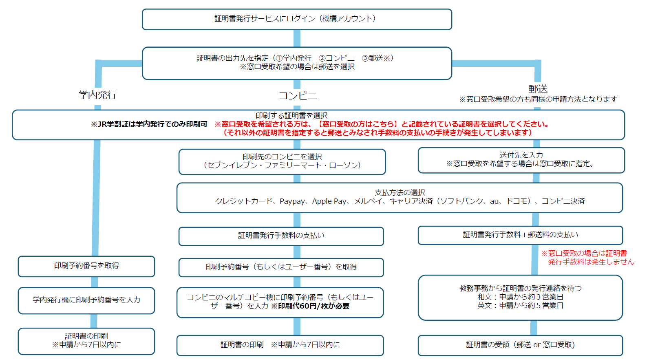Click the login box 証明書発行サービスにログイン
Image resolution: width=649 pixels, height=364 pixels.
(296, 19)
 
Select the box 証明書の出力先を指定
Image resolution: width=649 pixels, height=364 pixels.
(296, 63)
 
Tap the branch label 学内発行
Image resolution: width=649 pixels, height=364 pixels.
(97, 95)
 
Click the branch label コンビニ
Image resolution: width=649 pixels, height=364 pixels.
(297, 96)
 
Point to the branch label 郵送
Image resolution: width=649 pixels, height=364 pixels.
(538, 89)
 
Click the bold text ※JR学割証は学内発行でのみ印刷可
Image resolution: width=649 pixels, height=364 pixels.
(149, 124)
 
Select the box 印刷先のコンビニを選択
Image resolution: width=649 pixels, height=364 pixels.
(282, 161)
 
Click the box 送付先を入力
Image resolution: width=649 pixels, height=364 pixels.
(521, 160)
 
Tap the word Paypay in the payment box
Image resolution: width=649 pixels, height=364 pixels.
(292, 201)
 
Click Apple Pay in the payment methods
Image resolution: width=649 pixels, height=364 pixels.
(329, 201)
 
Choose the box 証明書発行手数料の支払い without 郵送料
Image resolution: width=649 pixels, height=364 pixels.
(281, 236)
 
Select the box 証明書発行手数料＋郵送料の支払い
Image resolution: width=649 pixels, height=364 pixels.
(520, 235)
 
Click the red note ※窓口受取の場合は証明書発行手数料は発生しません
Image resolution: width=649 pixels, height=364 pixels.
(587, 258)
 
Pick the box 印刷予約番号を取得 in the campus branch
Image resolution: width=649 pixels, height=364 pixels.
(86, 266)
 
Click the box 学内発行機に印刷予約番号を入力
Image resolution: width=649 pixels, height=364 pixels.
(86, 300)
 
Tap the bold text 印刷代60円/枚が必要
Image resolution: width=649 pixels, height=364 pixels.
(313, 306)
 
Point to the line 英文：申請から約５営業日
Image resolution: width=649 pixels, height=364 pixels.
(520, 305)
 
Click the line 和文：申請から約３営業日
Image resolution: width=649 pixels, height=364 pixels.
(520, 297)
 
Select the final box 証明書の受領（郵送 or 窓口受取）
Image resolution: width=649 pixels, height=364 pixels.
(520, 345)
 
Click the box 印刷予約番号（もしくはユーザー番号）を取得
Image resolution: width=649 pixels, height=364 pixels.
(281, 267)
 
